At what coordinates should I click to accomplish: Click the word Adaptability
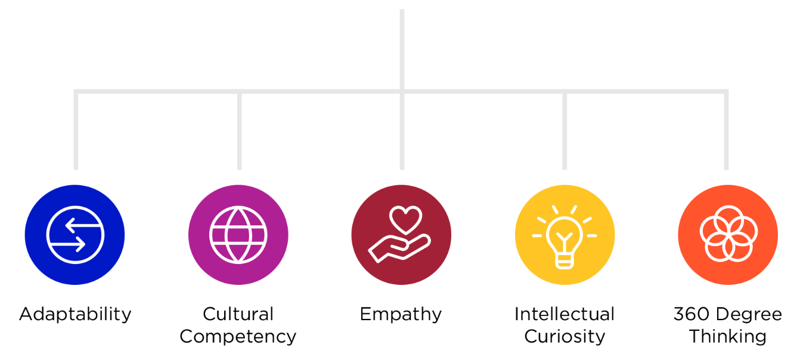[75, 314]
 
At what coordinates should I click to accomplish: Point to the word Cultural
[238, 314]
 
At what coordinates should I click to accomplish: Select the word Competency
[238, 336]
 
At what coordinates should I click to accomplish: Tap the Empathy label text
[401, 314]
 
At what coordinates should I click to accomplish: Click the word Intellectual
[565, 314]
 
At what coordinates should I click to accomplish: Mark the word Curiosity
[565, 336]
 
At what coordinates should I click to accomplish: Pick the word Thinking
[728, 336]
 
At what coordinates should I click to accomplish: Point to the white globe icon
[238, 235]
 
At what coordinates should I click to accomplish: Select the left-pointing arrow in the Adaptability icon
[76, 225]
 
